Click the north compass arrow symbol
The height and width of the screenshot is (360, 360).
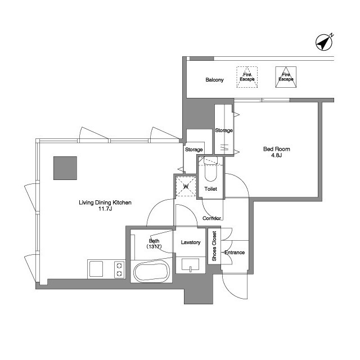pyautogui.click(x=324, y=42)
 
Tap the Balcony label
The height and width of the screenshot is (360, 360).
pyautogui.click(x=214, y=80)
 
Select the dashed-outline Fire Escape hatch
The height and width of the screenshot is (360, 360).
pyautogui.click(x=247, y=77)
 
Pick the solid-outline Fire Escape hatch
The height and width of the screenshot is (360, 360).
pyautogui.click(x=286, y=77)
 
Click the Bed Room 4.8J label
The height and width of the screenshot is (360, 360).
pyautogui.click(x=276, y=152)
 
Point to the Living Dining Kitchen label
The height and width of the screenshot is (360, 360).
pyautogui.click(x=105, y=202)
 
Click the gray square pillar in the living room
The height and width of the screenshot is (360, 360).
pyautogui.click(x=65, y=168)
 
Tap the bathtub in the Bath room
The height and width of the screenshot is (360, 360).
pyautogui.click(x=151, y=272)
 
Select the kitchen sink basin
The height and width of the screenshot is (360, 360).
pyautogui.click(x=96, y=269)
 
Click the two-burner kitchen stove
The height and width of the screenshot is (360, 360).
pyautogui.click(x=119, y=269)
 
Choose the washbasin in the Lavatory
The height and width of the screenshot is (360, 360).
pyautogui.click(x=190, y=264)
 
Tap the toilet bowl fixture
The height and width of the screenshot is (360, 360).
pyautogui.click(x=210, y=169)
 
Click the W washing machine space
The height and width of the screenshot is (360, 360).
pyautogui.click(x=186, y=186)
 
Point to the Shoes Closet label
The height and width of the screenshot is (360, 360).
pyautogui.click(x=214, y=246)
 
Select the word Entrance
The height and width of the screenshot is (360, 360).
pyautogui.click(x=235, y=253)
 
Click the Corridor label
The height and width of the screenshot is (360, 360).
pyautogui.click(x=211, y=218)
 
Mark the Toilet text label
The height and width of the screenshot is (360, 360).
pyautogui.click(x=211, y=189)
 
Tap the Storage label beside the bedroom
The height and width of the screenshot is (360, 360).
pyautogui.click(x=224, y=130)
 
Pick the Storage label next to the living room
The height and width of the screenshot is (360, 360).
pyautogui.click(x=193, y=150)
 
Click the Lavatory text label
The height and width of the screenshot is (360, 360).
pyautogui.click(x=191, y=242)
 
